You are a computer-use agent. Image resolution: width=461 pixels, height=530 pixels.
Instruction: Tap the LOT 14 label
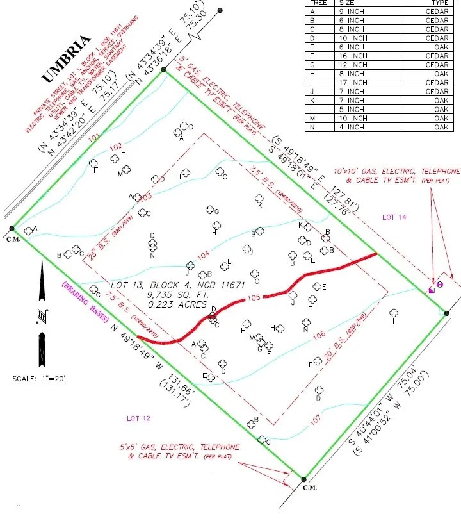[x=394, y=218]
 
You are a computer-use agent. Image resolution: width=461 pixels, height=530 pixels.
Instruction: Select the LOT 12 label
[x=138, y=418]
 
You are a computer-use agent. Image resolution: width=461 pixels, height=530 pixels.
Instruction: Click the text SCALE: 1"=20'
[x=38, y=378]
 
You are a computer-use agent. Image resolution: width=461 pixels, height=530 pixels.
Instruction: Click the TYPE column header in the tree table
[x=437, y=3]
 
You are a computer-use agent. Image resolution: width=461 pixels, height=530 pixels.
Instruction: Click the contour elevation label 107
[x=316, y=420]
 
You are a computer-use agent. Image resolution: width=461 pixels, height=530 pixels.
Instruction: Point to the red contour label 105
[x=254, y=297]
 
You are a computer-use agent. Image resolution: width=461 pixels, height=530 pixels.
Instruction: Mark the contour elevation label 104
[x=203, y=256]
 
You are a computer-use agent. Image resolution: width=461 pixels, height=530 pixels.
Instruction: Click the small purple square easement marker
[x=432, y=290]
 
